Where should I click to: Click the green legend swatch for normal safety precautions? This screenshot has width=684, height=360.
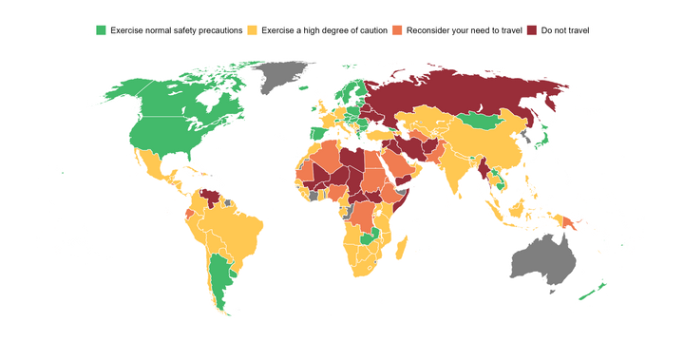coord(101,31)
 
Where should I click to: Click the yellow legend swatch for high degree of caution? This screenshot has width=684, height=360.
coord(253,31)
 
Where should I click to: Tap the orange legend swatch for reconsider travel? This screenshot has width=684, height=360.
coord(397,31)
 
